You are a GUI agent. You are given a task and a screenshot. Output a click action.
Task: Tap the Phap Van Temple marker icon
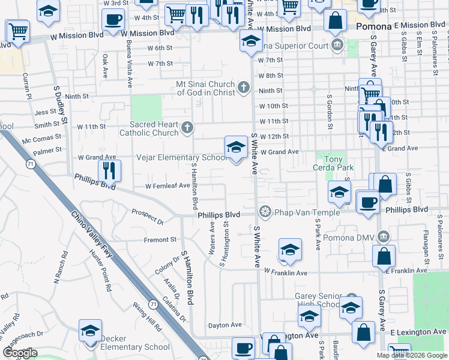[x=264, y=212]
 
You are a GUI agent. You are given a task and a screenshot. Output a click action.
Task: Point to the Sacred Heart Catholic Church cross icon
[x=187, y=127]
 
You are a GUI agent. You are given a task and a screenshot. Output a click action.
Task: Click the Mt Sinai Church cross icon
[x=243, y=88]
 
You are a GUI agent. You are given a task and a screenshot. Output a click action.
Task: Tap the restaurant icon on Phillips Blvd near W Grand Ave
[x=109, y=170]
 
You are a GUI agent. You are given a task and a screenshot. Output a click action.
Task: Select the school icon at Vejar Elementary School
[x=237, y=147]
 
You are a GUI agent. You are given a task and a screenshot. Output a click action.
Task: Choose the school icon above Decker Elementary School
[x=90, y=331]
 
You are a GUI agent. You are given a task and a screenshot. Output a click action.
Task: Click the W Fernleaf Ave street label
[x=167, y=185]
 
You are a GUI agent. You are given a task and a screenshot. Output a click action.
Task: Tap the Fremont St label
[x=160, y=240]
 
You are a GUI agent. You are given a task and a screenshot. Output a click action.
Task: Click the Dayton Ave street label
[x=224, y=325]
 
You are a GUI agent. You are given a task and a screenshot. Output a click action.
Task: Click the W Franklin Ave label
[x=292, y=273]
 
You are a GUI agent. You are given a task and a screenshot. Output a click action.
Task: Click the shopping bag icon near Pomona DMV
[x=384, y=256]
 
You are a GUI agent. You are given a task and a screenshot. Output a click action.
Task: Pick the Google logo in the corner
[x=20, y=353]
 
